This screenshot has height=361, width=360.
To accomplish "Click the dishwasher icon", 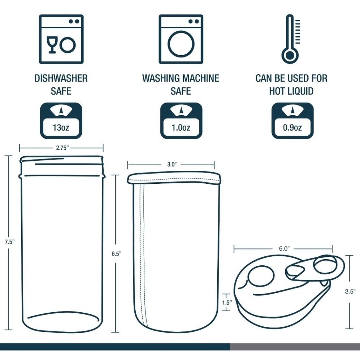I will point(61,39).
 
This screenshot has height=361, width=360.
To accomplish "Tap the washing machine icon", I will point(181,39).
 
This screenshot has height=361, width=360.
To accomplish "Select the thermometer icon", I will point(291,39).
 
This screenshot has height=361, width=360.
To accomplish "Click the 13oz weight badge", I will point(61,121).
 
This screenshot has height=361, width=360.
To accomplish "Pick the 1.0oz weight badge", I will point(181,121).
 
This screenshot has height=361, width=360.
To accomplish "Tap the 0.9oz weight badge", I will point(292,121).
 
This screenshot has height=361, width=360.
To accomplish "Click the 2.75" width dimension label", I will point(61,148).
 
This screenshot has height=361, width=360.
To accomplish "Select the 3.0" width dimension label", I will point(172,165).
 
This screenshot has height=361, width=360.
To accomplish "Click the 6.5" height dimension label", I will point(116,253).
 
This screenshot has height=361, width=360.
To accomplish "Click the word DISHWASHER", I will point(61,78).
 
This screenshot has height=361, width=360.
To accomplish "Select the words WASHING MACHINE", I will point(181,78).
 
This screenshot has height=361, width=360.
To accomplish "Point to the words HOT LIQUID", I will point(291,91).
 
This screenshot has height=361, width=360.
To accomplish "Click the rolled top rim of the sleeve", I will point(174,178).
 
